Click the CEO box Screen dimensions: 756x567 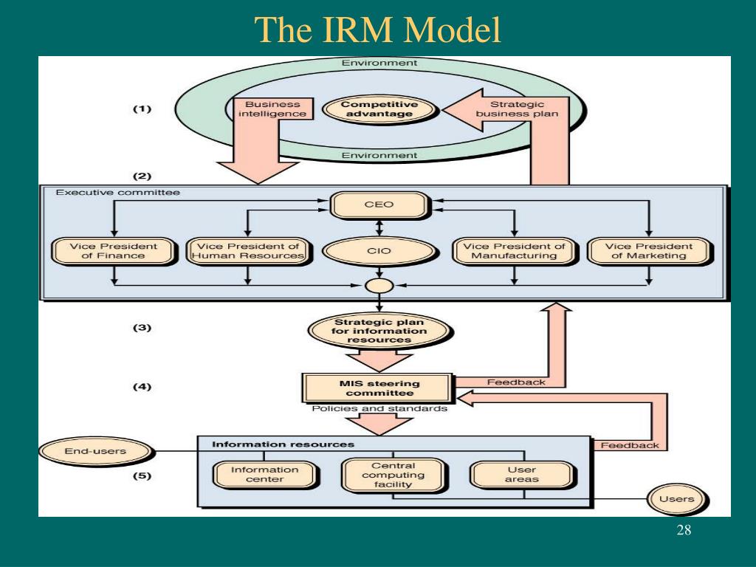point(379,205)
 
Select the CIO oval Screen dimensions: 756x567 point(379,251)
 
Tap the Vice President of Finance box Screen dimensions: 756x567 point(113,251)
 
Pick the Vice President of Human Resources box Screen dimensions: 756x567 point(248,251)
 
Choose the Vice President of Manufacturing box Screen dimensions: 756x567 point(514,251)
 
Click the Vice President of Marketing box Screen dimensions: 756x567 point(649,251)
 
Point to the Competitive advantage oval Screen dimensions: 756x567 point(379,109)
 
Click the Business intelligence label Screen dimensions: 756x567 point(272,109)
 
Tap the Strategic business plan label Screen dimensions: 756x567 point(517,109)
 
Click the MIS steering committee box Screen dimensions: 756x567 point(379,388)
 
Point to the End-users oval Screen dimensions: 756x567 point(95,451)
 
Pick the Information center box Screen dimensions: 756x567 point(265,475)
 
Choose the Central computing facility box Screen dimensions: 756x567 point(393,475)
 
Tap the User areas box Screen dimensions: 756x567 point(522,475)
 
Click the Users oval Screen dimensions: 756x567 point(676,500)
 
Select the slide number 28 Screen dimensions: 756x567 point(684,530)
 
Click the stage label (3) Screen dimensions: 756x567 point(142,328)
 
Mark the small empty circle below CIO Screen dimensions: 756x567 point(379,286)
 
